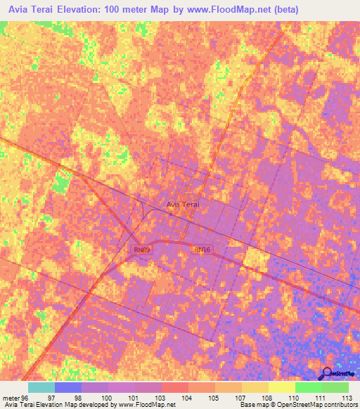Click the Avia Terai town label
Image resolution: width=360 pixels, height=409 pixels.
(184, 204)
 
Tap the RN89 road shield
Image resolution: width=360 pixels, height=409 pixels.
(142, 249)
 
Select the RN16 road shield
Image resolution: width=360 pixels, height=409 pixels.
(202, 249)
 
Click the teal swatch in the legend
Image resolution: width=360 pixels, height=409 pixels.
(41, 387)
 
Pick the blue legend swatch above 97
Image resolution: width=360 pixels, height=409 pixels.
(68, 387)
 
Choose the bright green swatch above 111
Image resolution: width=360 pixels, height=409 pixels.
(309, 387)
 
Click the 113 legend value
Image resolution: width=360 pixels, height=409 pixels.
(347, 398)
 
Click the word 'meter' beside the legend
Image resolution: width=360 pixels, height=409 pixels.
(11, 398)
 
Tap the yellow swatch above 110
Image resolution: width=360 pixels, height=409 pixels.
(282, 387)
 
